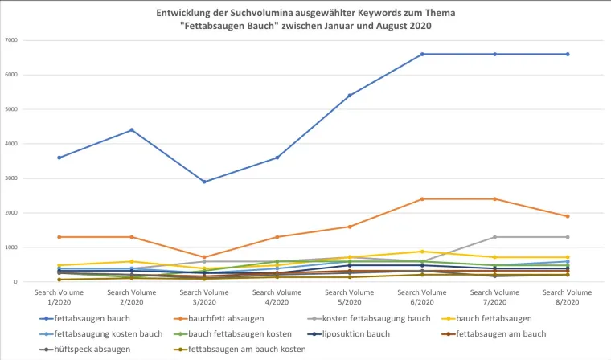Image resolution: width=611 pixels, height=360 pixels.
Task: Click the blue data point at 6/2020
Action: pos(422,54)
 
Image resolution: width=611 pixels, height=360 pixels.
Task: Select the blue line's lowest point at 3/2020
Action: pos(204,182)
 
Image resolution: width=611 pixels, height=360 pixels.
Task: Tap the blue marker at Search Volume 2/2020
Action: pos(132,129)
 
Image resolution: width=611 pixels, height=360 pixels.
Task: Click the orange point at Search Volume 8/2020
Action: pos(568,216)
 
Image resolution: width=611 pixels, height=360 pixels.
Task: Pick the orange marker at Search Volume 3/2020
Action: pos(204,257)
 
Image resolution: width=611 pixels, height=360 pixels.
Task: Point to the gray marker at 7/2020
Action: pos(495,237)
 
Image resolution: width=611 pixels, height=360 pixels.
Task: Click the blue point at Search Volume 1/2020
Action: pos(59,157)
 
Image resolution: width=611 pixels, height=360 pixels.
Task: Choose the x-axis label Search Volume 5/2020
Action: pos(350,297)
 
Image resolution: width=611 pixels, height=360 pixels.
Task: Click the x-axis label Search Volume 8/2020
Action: pos(568,297)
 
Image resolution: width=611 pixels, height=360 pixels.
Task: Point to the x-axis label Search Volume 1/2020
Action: pos(59,297)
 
